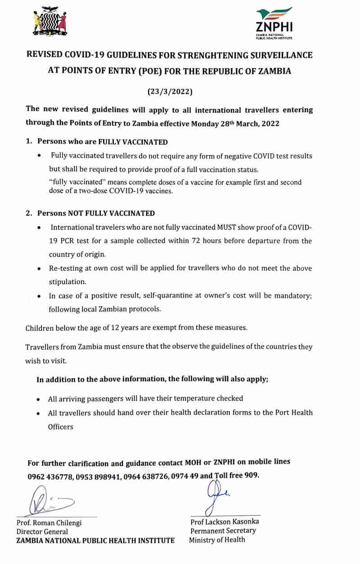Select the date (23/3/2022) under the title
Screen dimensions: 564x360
click(x=170, y=92)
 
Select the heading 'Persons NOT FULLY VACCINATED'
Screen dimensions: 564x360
click(x=96, y=213)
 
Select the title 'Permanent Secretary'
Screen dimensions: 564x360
click(x=223, y=531)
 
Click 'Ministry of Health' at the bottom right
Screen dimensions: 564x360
click(x=217, y=540)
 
